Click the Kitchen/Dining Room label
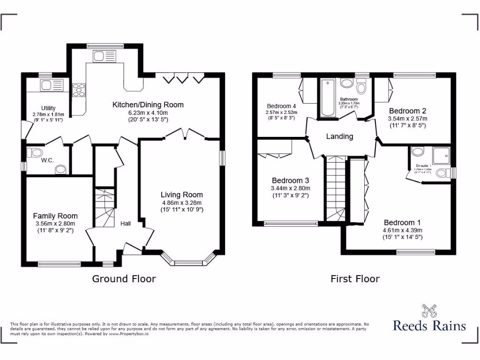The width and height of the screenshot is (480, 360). click(148, 105)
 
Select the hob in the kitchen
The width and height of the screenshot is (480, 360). click(79, 89)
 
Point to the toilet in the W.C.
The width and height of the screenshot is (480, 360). click(35, 152)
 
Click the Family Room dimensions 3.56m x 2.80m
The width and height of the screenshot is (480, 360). click(56, 224)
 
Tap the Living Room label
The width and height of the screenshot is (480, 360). click(181, 195)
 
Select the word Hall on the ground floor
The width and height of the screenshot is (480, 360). click(126, 224)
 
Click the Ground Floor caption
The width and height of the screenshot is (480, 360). click(124, 279)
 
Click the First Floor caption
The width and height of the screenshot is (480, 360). click(355, 279)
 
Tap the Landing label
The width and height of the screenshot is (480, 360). click(339, 136)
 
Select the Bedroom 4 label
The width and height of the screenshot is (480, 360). click(281, 106)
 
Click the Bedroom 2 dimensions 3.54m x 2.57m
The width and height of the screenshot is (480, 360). click(407, 119)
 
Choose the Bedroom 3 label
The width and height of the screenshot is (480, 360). click(290, 180)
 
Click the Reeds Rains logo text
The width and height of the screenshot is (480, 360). click(429, 325)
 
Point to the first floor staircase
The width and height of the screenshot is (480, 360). click(336, 187)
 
